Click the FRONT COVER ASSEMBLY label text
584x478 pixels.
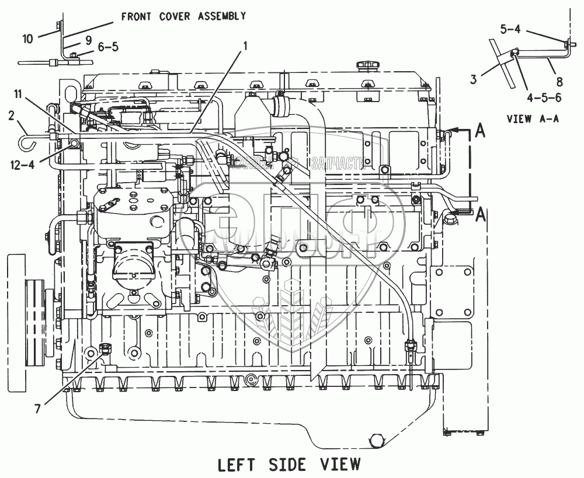coord(183,16)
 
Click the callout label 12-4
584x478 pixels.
coord(23,165)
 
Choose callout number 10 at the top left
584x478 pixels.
coord(27,39)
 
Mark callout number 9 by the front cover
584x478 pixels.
coord(88,40)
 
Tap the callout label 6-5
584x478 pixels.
coord(107,47)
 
